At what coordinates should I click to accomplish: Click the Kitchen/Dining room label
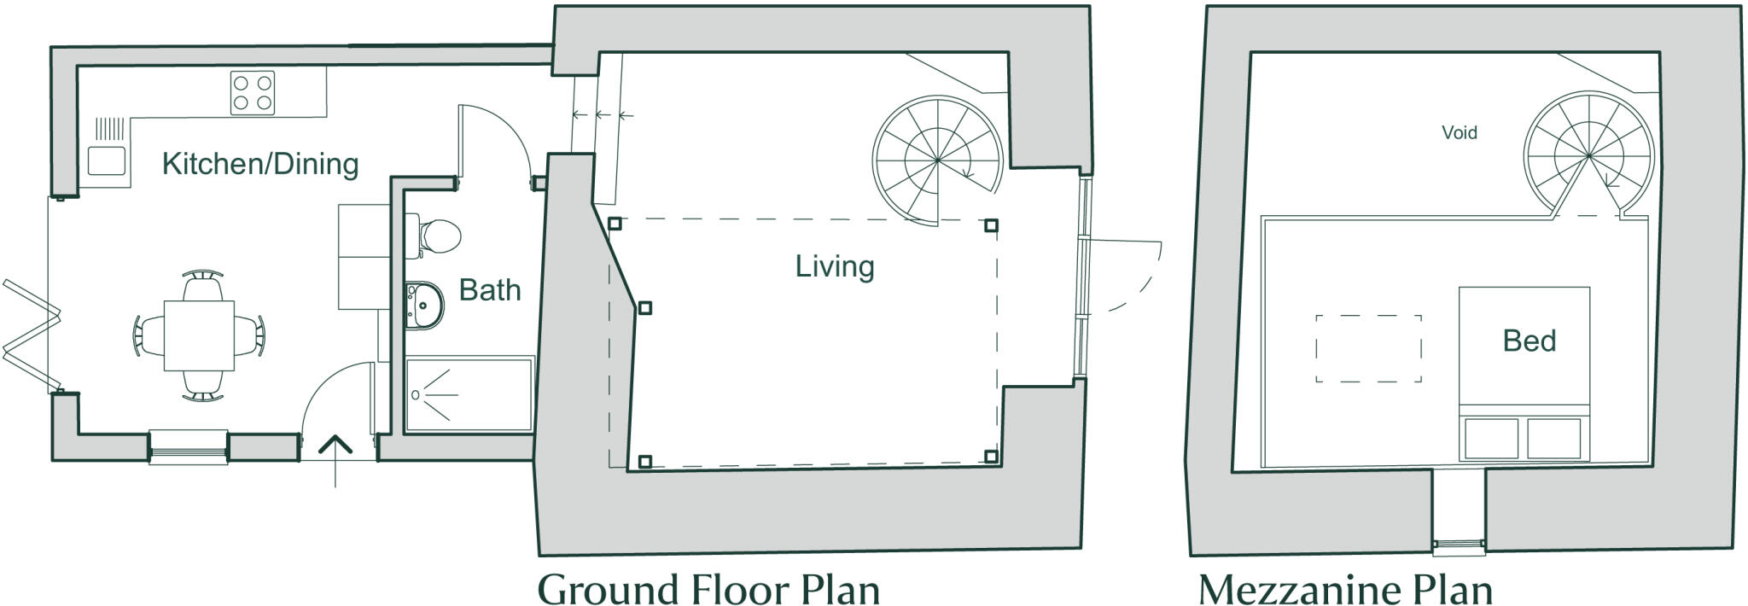click(259, 164)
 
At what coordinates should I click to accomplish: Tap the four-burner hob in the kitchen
click(253, 93)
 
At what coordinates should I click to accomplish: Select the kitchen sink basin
click(107, 161)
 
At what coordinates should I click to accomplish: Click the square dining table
click(199, 335)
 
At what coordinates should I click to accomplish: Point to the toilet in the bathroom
click(437, 235)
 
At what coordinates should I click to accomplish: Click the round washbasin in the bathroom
click(425, 305)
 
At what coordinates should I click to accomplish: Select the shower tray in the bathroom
click(469, 395)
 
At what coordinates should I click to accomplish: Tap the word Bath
click(489, 290)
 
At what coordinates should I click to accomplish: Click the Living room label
click(834, 266)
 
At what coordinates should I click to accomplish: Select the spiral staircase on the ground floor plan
click(937, 160)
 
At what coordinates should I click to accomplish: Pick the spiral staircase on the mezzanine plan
click(1588, 157)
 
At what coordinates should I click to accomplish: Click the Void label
click(1459, 133)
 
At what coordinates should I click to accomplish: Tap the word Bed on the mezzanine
click(1529, 341)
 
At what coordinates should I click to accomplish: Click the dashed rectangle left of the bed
click(1368, 348)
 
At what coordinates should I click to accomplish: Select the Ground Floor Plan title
click(708, 589)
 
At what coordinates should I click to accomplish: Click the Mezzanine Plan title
click(1345, 589)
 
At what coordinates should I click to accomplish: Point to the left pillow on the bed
click(1491, 438)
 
